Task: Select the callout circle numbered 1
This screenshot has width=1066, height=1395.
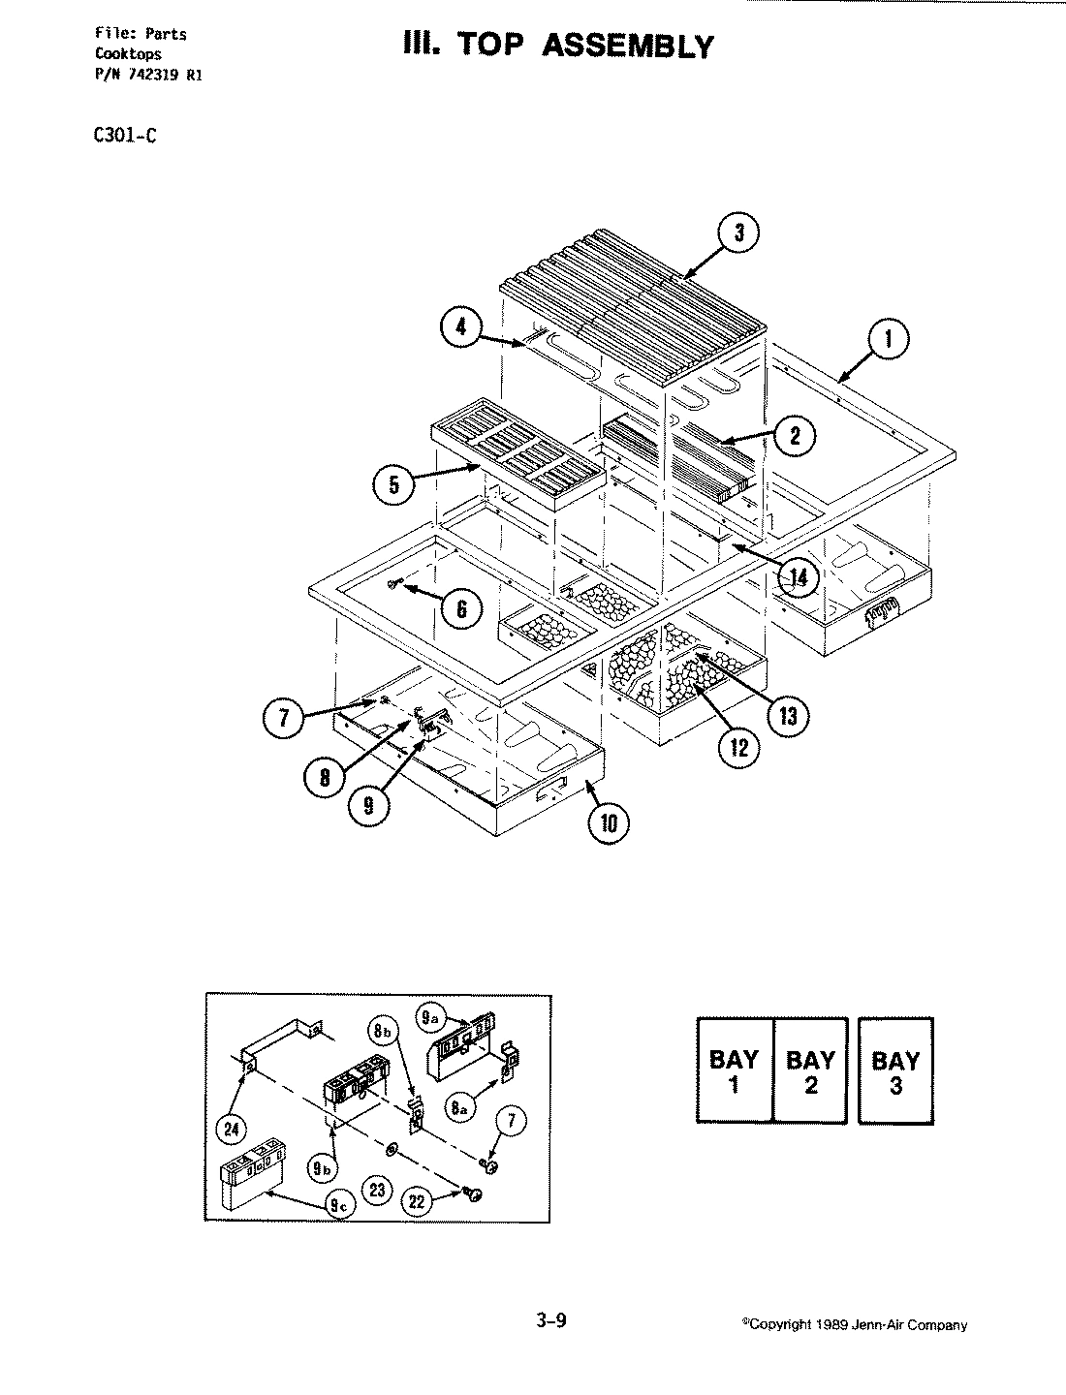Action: pyautogui.click(x=888, y=340)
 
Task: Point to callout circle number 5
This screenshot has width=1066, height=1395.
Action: pyautogui.click(x=394, y=484)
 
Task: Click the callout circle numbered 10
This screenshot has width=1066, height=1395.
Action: pyautogui.click(x=608, y=823)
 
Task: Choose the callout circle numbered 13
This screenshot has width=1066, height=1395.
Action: pyautogui.click(x=786, y=716)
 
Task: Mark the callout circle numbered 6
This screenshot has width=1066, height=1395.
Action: pyautogui.click(x=461, y=608)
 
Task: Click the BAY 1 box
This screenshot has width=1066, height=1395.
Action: pyautogui.click(x=735, y=1069)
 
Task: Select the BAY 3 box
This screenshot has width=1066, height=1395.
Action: pyautogui.click(x=895, y=1070)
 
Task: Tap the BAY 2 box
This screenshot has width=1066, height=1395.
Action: pyautogui.click(x=810, y=1069)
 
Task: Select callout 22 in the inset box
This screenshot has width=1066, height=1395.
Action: pyautogui.click(x=418, y=1201)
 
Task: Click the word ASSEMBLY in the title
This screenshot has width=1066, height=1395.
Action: pyautogui.click(x=627, y=46)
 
